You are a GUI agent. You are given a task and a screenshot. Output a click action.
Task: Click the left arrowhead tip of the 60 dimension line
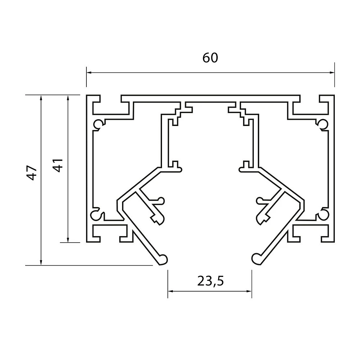click(x=86, y=73)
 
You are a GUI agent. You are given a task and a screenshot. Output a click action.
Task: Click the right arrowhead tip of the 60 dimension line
click(x=334, y=73)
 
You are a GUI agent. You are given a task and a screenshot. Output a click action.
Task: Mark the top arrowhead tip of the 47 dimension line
click(x=41, y=95)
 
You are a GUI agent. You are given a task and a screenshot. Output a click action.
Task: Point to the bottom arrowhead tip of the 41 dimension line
click(x=68, y=242)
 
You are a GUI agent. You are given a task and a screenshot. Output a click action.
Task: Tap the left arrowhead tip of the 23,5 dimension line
click(x=168, y=291)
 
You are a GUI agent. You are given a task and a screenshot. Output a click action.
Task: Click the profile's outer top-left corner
click(x=86, y=95)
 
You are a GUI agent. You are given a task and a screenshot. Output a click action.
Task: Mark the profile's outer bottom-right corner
click(x=334, y=242)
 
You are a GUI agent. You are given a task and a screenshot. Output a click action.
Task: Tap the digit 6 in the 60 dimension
click(x=206, y=58)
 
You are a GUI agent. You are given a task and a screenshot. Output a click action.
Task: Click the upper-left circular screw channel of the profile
click(x=98, y=124)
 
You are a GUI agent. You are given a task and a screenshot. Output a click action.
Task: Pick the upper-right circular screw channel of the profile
click(x=323, y=124)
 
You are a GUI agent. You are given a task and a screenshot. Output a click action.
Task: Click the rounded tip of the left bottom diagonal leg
click(x=163, y=260)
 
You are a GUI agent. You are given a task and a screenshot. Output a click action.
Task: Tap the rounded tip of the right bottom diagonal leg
click(x=257, y=259)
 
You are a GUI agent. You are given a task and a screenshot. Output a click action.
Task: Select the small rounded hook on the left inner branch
click(x=161, y=201)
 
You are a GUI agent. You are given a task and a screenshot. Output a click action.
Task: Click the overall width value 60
click(x=210, y=58)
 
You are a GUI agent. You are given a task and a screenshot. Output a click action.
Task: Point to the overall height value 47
click(x=31, y=173)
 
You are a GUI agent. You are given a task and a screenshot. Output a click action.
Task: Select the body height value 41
click(x=58, y=165)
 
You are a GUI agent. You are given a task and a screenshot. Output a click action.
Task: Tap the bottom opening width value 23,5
click(x=210, y=281)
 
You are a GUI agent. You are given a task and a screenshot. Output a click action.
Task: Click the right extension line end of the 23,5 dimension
click(x=252, y=298)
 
